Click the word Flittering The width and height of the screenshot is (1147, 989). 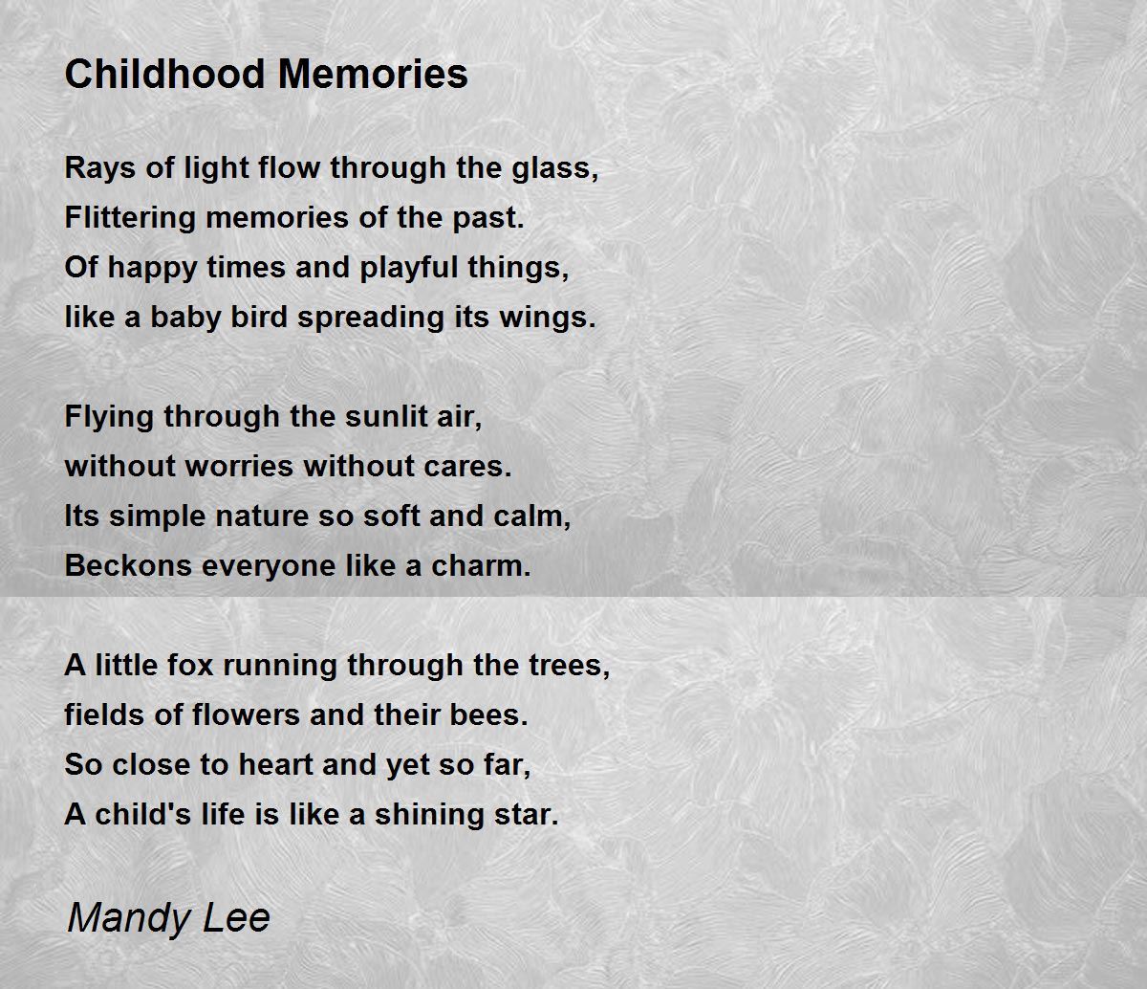coord(130,218)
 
